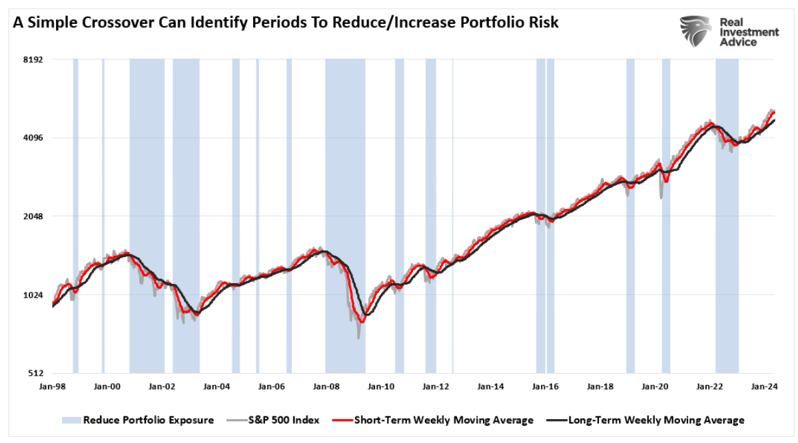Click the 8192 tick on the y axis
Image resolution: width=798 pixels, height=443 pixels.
click(x=33, y=59)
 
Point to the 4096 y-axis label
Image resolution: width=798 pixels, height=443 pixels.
click(x=33, y=138)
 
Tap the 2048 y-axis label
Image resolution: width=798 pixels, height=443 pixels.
click(x=33, y=217)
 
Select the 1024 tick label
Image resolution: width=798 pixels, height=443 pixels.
click(x=33, y=295)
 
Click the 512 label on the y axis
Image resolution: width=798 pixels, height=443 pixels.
click(x=35, y=374)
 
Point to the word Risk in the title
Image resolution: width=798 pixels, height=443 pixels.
click(x=544, y=23)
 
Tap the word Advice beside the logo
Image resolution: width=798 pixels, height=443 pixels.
click(x=739, y=42)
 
